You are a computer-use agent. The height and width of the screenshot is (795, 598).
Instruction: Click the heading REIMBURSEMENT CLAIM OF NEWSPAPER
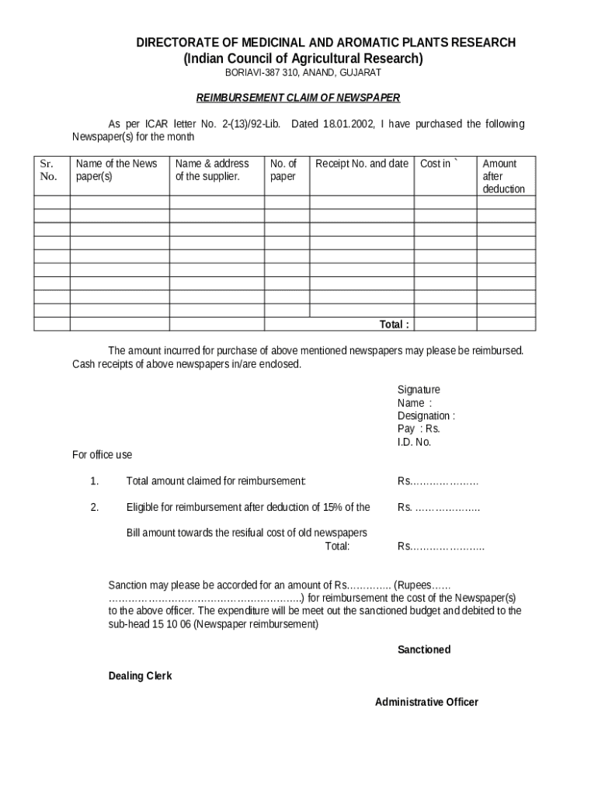tap(298, 98)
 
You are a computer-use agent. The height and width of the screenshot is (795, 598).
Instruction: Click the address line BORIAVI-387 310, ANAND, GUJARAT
tap(303, 72)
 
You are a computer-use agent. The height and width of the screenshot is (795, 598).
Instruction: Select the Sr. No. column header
tap(48, 170)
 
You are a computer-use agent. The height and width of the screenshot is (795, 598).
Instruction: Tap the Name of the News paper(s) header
tap(116, 169)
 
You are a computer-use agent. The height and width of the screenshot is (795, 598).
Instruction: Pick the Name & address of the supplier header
tap(212, 169)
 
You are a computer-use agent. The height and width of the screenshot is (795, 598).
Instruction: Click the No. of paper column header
tap(283, 169)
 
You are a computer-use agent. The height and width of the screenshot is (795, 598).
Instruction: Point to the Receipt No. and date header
tap(361, 163)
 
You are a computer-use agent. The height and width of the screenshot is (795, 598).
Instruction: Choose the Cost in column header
tap(439, 163)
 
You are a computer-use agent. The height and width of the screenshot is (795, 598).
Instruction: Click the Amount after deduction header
tap(503, 175)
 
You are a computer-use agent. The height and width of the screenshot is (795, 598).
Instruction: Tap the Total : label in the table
tap(394, 324)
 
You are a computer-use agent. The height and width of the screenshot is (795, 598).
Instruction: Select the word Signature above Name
tap(419, 390)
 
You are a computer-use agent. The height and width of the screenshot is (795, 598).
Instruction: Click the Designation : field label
tap(426, 416)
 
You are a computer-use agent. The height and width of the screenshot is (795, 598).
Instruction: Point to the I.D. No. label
tap(414, 442)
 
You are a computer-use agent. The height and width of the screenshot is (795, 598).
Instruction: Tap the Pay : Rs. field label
tap(419, 429)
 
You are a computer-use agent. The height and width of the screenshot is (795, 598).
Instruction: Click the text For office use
tap(102, 454)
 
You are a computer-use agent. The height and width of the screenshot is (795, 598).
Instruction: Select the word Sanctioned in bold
tap(424, 649)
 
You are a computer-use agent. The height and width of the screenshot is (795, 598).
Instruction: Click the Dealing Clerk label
tap(140, 675)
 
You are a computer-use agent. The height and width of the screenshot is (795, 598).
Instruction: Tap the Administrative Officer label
tap(426, 702)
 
